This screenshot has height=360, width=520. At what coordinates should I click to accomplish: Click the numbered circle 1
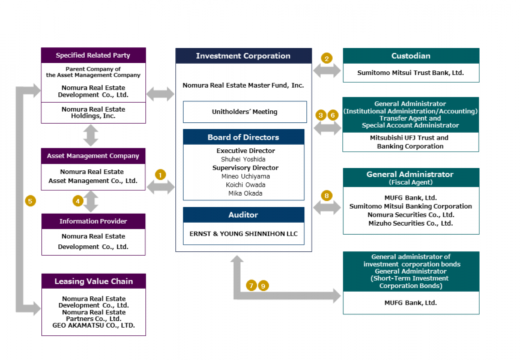coord(160,174)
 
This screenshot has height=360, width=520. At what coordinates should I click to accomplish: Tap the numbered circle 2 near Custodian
coord(327,58)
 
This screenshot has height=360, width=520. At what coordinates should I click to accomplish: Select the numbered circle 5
coord(30,200)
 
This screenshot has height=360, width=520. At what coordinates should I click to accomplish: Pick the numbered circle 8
coord(327,195)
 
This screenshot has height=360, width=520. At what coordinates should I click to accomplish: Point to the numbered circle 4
coord(78,200)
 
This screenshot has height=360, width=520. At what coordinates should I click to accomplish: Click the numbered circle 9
coord(263,286)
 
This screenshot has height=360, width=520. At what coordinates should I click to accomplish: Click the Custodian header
coord(411,56)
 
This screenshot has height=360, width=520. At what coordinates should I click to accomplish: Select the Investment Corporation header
coord(243,56)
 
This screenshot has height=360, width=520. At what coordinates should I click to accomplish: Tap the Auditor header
coord(243,215)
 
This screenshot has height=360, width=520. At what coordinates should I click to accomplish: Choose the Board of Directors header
coord(243,137)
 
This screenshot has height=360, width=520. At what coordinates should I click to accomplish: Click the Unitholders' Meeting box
coord(243,112)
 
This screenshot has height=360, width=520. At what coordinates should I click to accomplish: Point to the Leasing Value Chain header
coord(93,281)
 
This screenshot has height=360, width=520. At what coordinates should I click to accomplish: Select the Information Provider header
coord(93,221)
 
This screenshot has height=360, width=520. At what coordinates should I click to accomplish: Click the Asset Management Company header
coord(93,156)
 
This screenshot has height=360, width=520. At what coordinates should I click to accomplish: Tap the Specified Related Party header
coord(93,55)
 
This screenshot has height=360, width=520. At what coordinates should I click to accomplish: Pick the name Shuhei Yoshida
coord(243,159)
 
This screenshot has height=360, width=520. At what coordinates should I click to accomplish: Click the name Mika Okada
coord(243,193)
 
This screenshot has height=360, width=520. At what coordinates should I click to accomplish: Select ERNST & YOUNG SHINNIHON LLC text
coord(243,233)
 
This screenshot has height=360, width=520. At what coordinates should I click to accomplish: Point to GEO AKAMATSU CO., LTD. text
coord(93,326)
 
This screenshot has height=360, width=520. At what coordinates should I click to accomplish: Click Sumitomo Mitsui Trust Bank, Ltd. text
coord(411,73)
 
